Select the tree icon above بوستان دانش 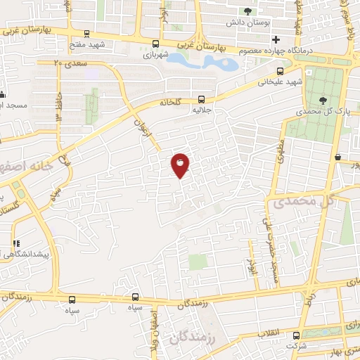pos(247,11)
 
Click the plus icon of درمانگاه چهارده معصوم pos(276,39)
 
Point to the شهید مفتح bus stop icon pos(86,33)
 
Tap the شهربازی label pos(156,53)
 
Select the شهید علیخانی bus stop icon pos(281,70)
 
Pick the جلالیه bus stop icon pos(202,99)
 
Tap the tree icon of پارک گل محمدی pos(323,100)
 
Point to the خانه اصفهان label pos(28,167)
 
